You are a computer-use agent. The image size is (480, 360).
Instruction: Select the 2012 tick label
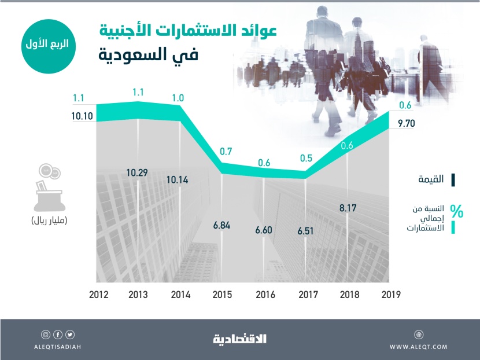(98, 293)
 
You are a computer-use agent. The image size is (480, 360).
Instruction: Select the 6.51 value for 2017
(307, 230)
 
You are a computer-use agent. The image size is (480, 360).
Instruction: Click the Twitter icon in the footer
(70, 334)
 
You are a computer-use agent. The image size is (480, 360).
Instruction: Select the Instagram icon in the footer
(46, 334)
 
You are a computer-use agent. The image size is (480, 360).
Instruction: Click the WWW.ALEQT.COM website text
(419, 346)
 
